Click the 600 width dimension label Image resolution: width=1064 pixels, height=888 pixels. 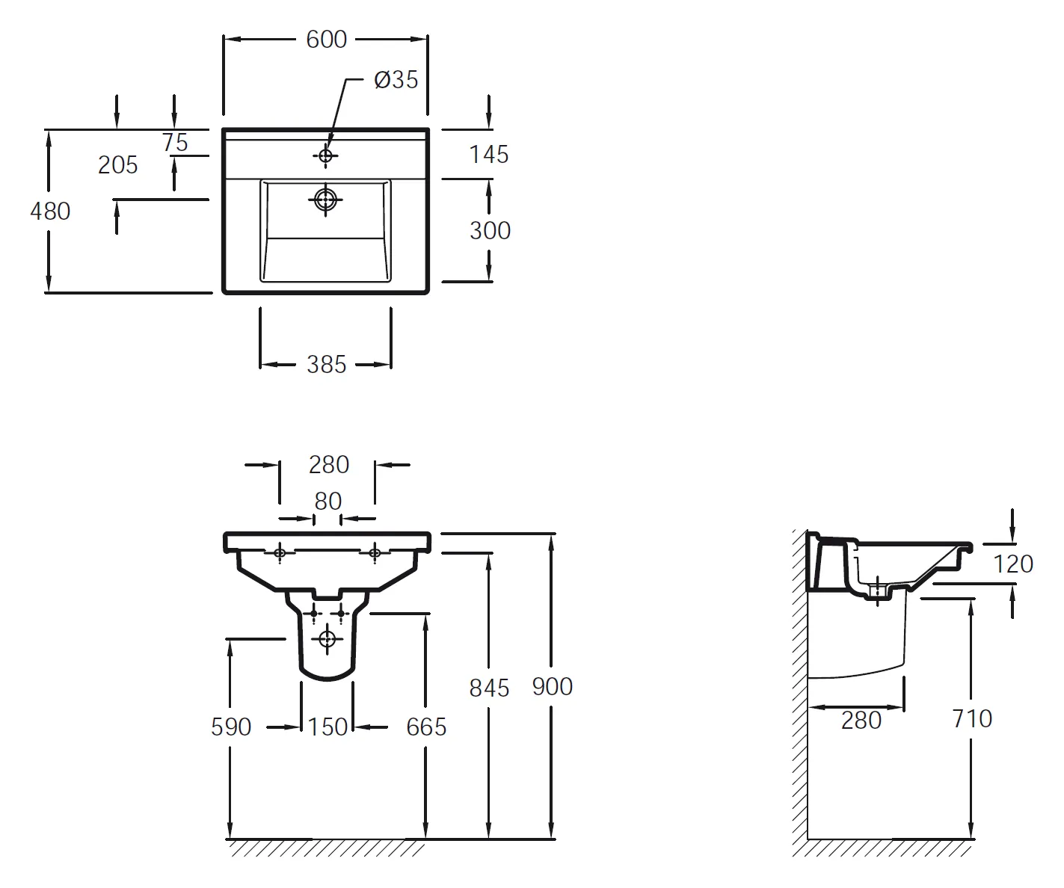coord(326,40)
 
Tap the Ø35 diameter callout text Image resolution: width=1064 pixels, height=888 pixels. coord(396,80)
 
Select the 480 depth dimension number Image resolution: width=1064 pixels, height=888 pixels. coord(50,212)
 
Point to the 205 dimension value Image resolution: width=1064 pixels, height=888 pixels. coord(117,165)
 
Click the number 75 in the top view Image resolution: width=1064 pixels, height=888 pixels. coord(175,143)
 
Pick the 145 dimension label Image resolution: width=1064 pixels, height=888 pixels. coord(489,155)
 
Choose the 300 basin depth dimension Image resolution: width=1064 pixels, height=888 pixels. coord(491,231)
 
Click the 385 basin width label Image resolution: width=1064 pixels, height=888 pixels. coord(327,365)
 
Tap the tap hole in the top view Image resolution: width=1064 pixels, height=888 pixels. coord(325,155)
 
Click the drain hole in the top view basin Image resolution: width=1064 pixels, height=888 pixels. coord(325,200)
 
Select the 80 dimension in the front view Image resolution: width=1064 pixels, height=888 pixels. coord(327,502)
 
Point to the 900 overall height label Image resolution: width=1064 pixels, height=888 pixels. coord(553,687)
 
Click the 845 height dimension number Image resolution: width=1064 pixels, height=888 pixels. coord(489,688)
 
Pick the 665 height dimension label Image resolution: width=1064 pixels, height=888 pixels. coord(426,727)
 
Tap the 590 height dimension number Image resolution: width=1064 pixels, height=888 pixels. coord(231,727)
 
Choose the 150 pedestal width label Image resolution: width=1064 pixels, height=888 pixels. coord(327,727)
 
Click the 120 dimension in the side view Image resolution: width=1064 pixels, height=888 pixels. coord(1014,564)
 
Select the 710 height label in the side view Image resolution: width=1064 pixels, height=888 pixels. coord(972,719)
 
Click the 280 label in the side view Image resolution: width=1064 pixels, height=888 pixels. coord(861,721)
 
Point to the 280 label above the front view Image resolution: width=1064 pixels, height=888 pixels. coord(329,465)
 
